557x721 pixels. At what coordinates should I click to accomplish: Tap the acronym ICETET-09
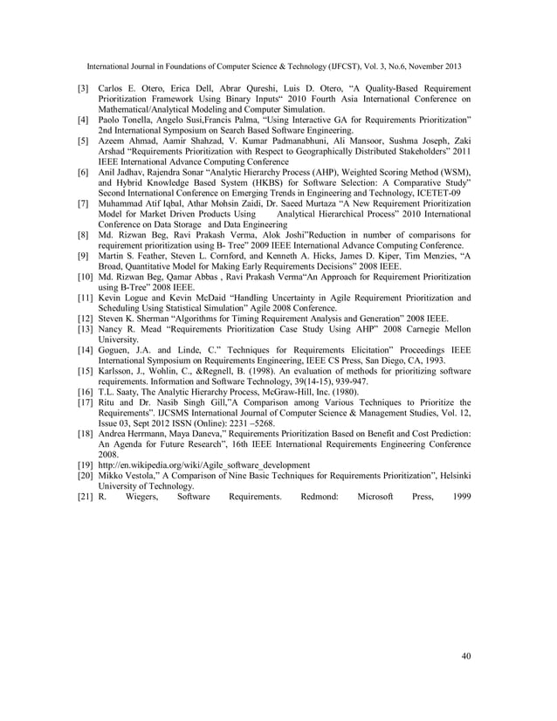point(447,192)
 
